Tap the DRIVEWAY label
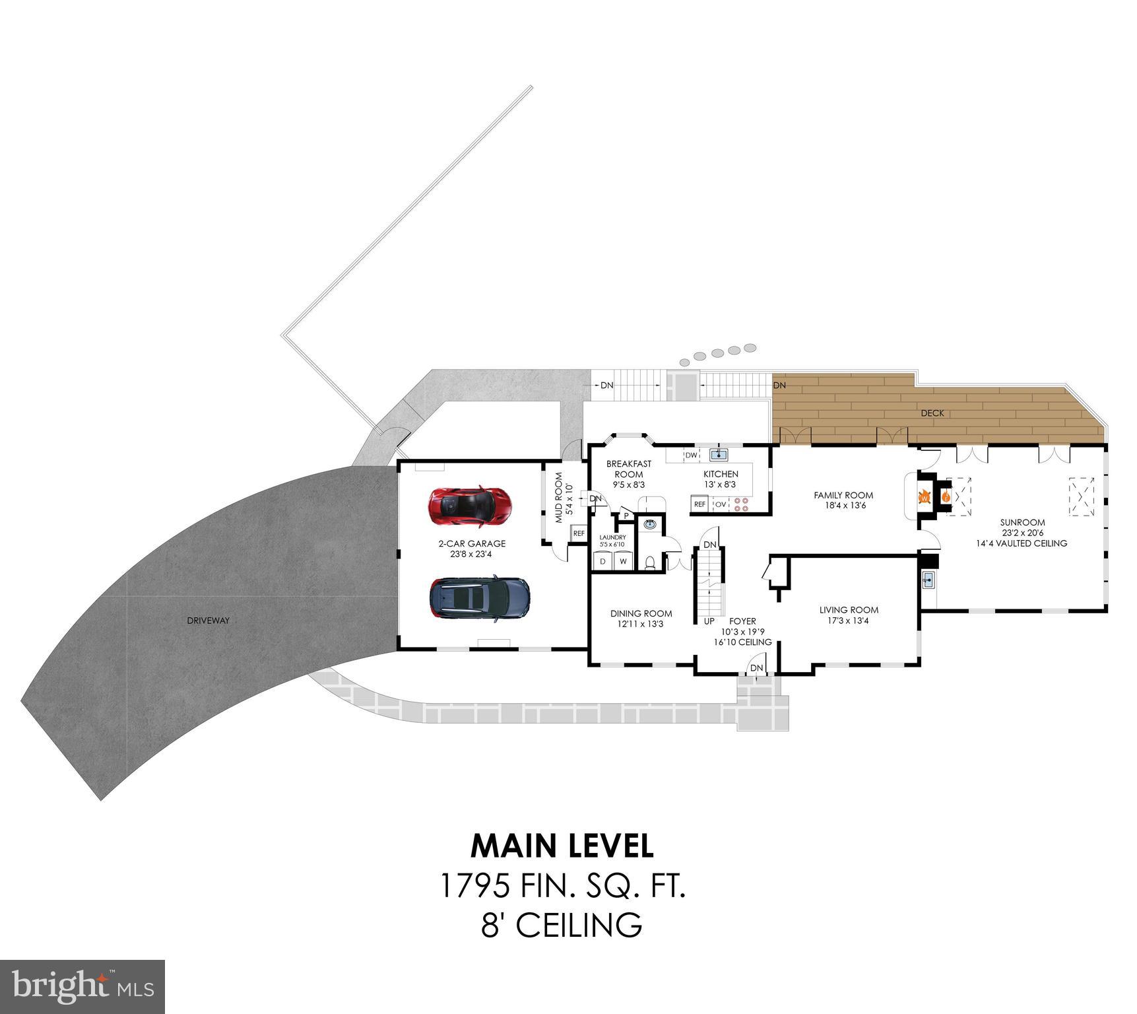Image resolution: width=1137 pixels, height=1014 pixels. click(209, 621)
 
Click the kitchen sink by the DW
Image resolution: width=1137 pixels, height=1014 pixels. click(718, 454)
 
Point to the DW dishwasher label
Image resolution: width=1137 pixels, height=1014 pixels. click(691, 456)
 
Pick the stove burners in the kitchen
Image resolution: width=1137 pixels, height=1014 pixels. click(742, 504)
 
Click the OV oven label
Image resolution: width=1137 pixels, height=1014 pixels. click(721, 504)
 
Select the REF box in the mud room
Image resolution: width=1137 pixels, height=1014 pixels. click(579, 533)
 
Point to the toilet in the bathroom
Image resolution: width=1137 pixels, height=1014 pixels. click(651, 562)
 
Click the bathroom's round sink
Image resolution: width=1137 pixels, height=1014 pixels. click(651, 524)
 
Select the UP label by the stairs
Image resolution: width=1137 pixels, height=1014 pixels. click(709, 621)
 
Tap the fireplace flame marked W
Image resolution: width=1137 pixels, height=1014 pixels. click(924, 496)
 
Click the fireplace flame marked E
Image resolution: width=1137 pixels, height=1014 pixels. click(945, 496)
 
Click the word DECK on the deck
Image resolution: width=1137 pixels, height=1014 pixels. click(932, 413)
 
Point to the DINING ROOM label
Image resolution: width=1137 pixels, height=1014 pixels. click(641, 613)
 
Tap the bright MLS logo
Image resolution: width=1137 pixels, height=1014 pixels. click(82, 986)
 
